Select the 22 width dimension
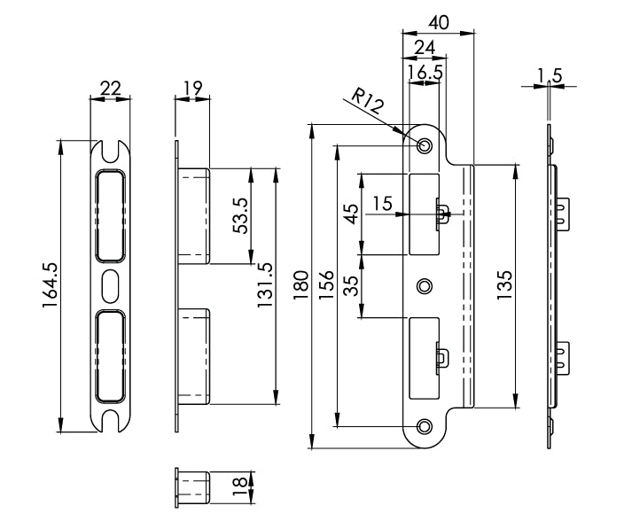(110, 88)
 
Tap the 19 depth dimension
(192, 88)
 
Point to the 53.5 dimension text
(239, 214)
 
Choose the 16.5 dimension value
(426, 72)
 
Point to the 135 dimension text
(504, 286)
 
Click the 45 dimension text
(351, 214)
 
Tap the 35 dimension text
(351, 284)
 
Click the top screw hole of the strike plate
(425, 144)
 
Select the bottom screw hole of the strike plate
(425, 427)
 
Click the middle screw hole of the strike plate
(425, 285)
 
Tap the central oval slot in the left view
(111, 286)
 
